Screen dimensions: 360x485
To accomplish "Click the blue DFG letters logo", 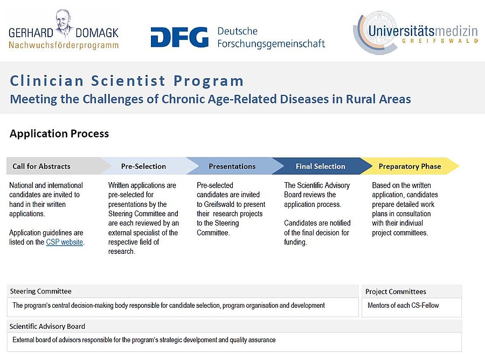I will [179, 38].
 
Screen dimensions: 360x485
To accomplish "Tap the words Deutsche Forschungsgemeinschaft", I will [271, 38].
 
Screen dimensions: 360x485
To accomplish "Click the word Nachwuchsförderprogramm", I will [64, 45].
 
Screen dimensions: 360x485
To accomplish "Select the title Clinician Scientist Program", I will [127, 81].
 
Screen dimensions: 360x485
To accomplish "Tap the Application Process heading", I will [59, 134].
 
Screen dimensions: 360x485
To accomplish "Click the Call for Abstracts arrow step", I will [42, 167].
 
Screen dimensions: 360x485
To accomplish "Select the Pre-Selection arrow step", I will [143, 167].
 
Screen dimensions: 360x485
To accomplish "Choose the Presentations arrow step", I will [232, 167].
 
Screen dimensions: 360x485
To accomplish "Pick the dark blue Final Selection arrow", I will [320, 167].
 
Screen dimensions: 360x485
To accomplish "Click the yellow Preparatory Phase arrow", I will [410, 167].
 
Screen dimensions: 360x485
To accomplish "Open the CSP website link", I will [65, 243].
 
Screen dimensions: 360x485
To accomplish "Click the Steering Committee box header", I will [41, 292].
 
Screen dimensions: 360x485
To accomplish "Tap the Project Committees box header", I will [396, 292].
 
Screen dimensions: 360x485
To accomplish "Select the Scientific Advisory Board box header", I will [47, 326].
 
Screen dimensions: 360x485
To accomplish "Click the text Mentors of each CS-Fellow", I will [403, 306].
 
